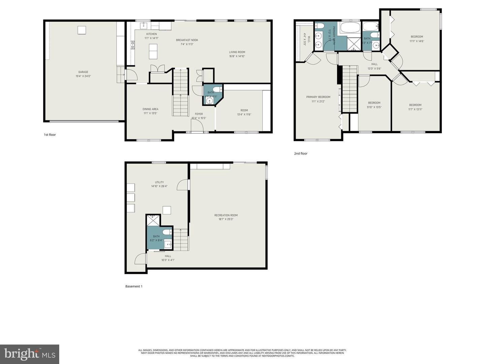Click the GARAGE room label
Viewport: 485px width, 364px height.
point(83,72)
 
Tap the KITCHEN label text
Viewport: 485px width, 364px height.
point(152,34)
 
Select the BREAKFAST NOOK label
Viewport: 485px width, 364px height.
point(187,40)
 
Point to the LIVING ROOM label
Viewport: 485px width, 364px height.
point(237,52)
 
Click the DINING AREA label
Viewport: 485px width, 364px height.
point(150,109)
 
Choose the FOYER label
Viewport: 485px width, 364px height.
point(199,114)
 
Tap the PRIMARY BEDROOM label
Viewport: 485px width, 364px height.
point(318,97)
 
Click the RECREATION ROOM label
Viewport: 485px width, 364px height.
point(226,215)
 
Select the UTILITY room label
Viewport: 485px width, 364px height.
point(159,182)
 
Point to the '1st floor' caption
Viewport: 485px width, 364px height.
point(50,135)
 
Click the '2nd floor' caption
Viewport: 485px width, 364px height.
point(301,154)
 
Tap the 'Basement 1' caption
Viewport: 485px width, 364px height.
point(134,286)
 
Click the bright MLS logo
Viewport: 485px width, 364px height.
point(30,354)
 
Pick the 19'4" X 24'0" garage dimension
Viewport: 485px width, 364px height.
point(83,76)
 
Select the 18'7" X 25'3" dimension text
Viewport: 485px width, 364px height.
point(226,219)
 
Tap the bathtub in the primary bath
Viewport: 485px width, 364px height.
point(350,28)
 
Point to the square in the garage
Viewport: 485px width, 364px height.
point(82,30)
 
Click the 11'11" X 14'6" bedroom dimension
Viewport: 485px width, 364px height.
point(417,41)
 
